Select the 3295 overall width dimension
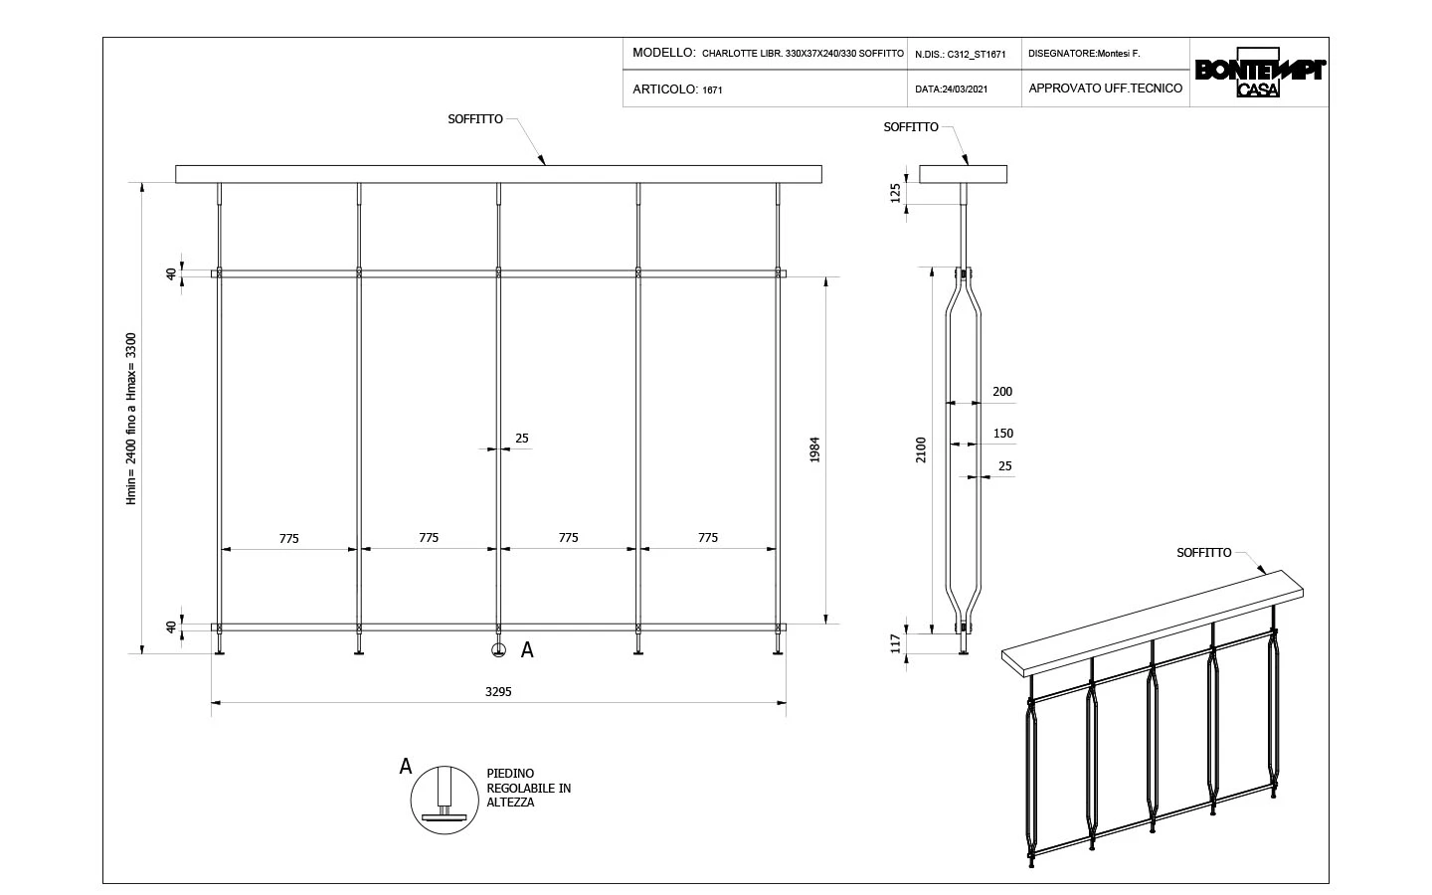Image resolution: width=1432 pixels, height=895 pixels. click(498, 691)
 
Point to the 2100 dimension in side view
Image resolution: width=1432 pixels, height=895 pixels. click(921, 450)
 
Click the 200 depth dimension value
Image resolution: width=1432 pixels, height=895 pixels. click(1002, 392)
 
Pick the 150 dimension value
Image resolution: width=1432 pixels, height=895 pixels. click(1002, 434)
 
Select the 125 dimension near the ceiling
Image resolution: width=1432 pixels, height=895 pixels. click(895, 191)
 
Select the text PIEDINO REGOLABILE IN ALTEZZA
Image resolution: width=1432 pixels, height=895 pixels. click(528, 788)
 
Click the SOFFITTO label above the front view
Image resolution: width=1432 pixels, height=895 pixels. click(475, 118)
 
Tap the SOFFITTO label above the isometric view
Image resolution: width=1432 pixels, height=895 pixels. click(1203, 552)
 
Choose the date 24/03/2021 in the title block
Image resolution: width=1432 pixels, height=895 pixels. click(952, 89)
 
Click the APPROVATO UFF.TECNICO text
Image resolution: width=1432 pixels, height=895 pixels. click(1105, 89)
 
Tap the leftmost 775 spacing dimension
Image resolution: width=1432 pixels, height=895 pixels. click(288, 538)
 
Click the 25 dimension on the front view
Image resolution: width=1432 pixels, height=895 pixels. click(522, 438)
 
